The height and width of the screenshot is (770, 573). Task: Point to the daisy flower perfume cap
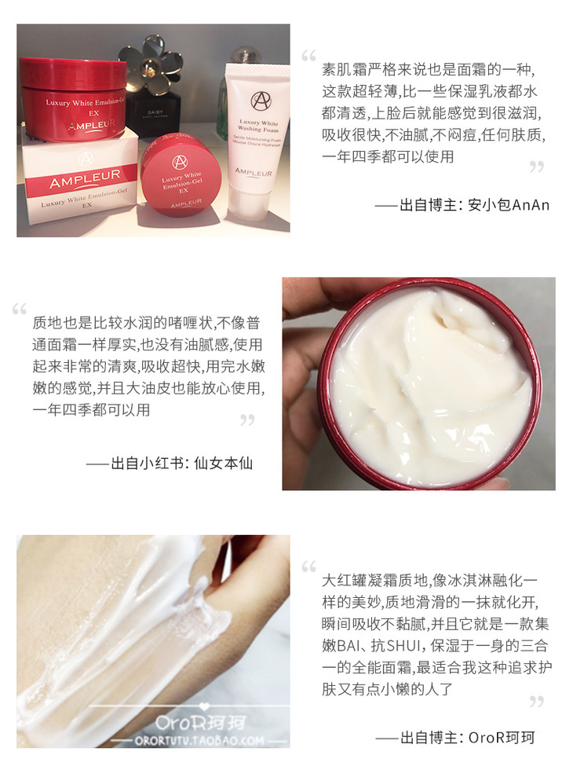click(x=153, y=64)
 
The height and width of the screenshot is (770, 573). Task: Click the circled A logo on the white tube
click(x=261, y=101)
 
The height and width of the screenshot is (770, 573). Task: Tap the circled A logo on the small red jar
click(x=180, y=162)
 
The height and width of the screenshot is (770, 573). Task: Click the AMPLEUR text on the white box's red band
click(x=85, y=179)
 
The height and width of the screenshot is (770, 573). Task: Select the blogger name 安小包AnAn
click(x=509, y=205)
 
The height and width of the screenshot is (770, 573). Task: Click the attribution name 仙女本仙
click(x=223, y=463)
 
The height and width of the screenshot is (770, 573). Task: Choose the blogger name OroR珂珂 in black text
click(x=502, y=737)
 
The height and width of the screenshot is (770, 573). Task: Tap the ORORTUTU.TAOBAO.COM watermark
click(x=199, y=740)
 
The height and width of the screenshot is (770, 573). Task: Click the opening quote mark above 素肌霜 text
click(x=308, y=56)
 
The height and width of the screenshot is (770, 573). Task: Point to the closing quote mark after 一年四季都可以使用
click(x=537, y=167)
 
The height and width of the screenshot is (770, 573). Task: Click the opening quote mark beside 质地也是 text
click(x=20, y=310)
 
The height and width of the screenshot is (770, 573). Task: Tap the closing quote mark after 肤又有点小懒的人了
click(x=537, y=702)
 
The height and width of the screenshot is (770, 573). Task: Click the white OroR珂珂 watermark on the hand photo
click(x=200, y=722)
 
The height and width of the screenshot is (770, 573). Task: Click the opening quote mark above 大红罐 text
click(x=308, y=566)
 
